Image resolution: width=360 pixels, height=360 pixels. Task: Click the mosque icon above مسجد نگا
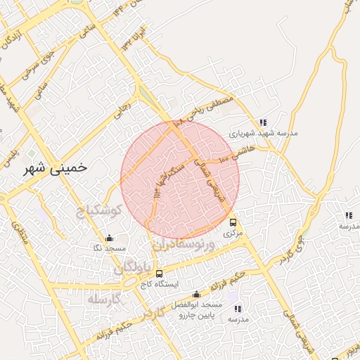(x=108, y=238)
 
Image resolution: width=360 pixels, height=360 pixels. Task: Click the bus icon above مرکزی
(x=233, y=223)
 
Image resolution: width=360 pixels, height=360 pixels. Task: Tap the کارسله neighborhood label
(x=105, y=299)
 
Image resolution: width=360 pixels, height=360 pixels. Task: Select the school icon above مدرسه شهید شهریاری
(x=263, y=122)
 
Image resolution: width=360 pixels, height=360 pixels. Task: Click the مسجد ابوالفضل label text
(x=200, y=305)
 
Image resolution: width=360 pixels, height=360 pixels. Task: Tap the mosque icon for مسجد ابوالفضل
(x=195, y=295)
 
